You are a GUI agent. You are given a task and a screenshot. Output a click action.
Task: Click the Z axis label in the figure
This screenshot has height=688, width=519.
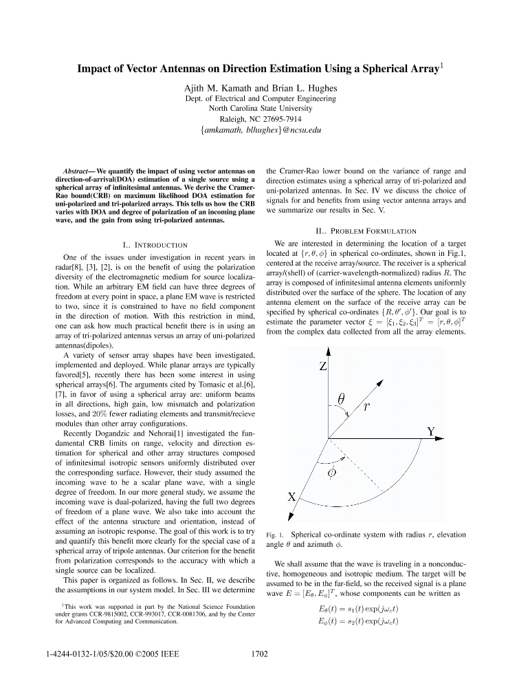pos(323,367)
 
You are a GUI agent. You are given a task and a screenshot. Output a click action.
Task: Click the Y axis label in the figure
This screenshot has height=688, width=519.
pos(432,432)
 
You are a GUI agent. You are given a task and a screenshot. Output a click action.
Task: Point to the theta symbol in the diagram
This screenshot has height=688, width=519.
pos(341,398)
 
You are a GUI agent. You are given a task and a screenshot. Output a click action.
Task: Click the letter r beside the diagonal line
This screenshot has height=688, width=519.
pos(367,407)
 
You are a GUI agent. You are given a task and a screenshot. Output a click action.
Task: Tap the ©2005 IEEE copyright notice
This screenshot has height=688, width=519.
pos(141,654)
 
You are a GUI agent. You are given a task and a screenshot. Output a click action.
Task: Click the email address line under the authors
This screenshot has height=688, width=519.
pos(259,129)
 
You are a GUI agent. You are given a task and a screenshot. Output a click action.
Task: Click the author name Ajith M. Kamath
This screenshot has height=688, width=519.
pos(216,87)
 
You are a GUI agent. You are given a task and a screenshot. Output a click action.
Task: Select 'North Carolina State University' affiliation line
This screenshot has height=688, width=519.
pos(259,108)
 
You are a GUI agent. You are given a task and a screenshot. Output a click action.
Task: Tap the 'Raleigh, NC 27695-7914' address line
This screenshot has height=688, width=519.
pos(259,118)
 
